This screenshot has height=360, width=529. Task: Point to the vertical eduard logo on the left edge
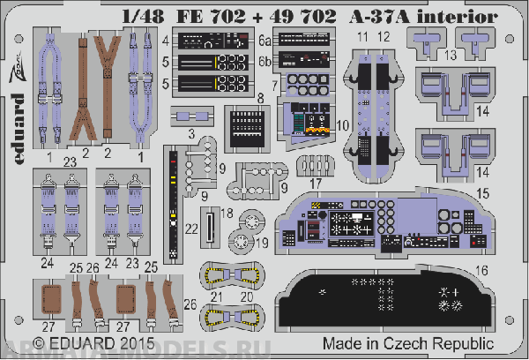19,155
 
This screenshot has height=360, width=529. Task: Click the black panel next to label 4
212,41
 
